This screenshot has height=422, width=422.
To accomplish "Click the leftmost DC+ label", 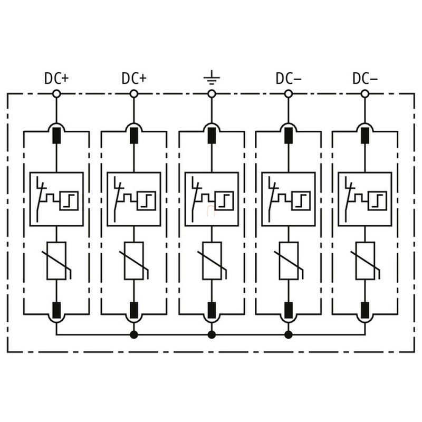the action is [x=56, y=78].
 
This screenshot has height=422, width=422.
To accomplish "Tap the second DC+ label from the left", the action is [x=134, y=78].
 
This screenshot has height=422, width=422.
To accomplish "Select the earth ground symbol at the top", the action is [x=212, y=78].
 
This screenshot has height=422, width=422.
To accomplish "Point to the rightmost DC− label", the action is [x=365, y=78].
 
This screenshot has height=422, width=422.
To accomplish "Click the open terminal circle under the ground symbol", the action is [x=212, y=94].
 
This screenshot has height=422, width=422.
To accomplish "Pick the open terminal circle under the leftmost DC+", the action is [x=56, y=94].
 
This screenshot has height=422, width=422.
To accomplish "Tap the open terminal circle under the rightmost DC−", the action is [x=365, y=94].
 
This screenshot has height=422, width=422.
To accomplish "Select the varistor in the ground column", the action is [x=213, y=261].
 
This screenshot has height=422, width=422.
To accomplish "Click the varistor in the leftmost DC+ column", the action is [x=57, y=261].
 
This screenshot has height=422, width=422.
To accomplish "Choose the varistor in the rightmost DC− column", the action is [x=366, y=261].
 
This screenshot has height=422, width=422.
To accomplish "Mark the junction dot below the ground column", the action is [x=212, y=335].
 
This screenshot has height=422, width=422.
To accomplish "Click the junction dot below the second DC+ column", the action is [x=134, y=335].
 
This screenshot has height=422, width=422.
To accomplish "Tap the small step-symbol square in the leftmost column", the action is [x=69, y=201].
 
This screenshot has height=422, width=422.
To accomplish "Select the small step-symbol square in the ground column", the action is [x=224, y=201].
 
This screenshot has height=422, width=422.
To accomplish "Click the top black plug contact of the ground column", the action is [x=212, y=136].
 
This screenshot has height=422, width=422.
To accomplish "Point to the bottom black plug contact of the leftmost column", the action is [x=56, y=310].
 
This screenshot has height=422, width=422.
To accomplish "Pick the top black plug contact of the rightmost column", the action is [x=365, y=136].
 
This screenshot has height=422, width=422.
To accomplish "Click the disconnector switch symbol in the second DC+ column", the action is [x=118, y=199].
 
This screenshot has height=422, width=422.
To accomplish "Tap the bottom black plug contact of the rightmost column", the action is [x=365, y=310].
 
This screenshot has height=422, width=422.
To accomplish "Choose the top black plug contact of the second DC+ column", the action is [x=134, y=136].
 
